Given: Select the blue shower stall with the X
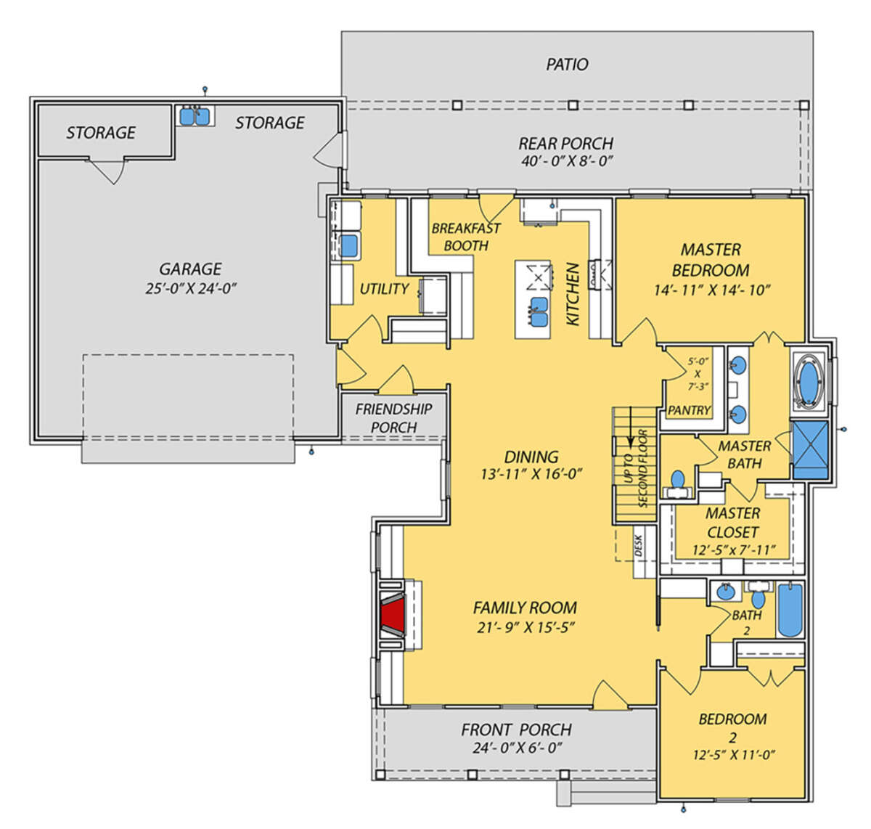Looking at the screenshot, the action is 810,449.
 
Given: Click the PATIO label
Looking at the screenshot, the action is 567,65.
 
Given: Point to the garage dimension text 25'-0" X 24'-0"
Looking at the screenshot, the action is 190,288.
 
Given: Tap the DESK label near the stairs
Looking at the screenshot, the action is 639,546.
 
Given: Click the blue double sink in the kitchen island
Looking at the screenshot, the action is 539,312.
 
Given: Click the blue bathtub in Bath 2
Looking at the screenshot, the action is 790,610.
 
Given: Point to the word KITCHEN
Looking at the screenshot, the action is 573,294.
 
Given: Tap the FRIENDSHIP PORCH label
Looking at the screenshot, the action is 393,418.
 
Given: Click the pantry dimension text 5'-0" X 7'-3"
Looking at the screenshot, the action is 698,374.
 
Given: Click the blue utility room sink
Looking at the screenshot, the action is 349,245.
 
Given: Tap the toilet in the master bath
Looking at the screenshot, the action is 677,484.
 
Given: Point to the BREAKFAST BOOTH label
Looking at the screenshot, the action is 466,237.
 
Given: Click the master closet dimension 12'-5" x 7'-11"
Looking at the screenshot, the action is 734,550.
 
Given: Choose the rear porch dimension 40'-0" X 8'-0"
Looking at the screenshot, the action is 567,160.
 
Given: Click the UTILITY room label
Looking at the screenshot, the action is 384,289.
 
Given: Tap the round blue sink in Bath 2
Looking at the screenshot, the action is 725,592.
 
